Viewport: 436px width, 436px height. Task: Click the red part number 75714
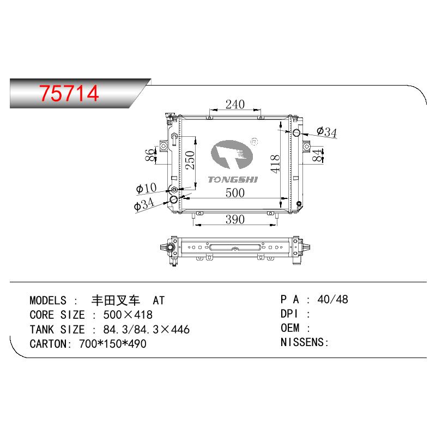point(69,93)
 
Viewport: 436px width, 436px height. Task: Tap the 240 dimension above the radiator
point(235,105)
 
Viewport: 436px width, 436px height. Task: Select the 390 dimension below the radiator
point(235,220)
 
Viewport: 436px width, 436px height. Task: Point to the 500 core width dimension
point(235,193)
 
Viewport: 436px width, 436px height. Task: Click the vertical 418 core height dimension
point(275,164)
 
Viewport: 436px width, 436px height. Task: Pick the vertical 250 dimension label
point(190,160)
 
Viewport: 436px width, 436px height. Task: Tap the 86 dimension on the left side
point(149,155)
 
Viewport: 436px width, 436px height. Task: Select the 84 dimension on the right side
point(317,155)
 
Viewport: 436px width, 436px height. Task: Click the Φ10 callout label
point(146,188)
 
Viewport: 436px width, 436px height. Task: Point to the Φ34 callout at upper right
point(326,132)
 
